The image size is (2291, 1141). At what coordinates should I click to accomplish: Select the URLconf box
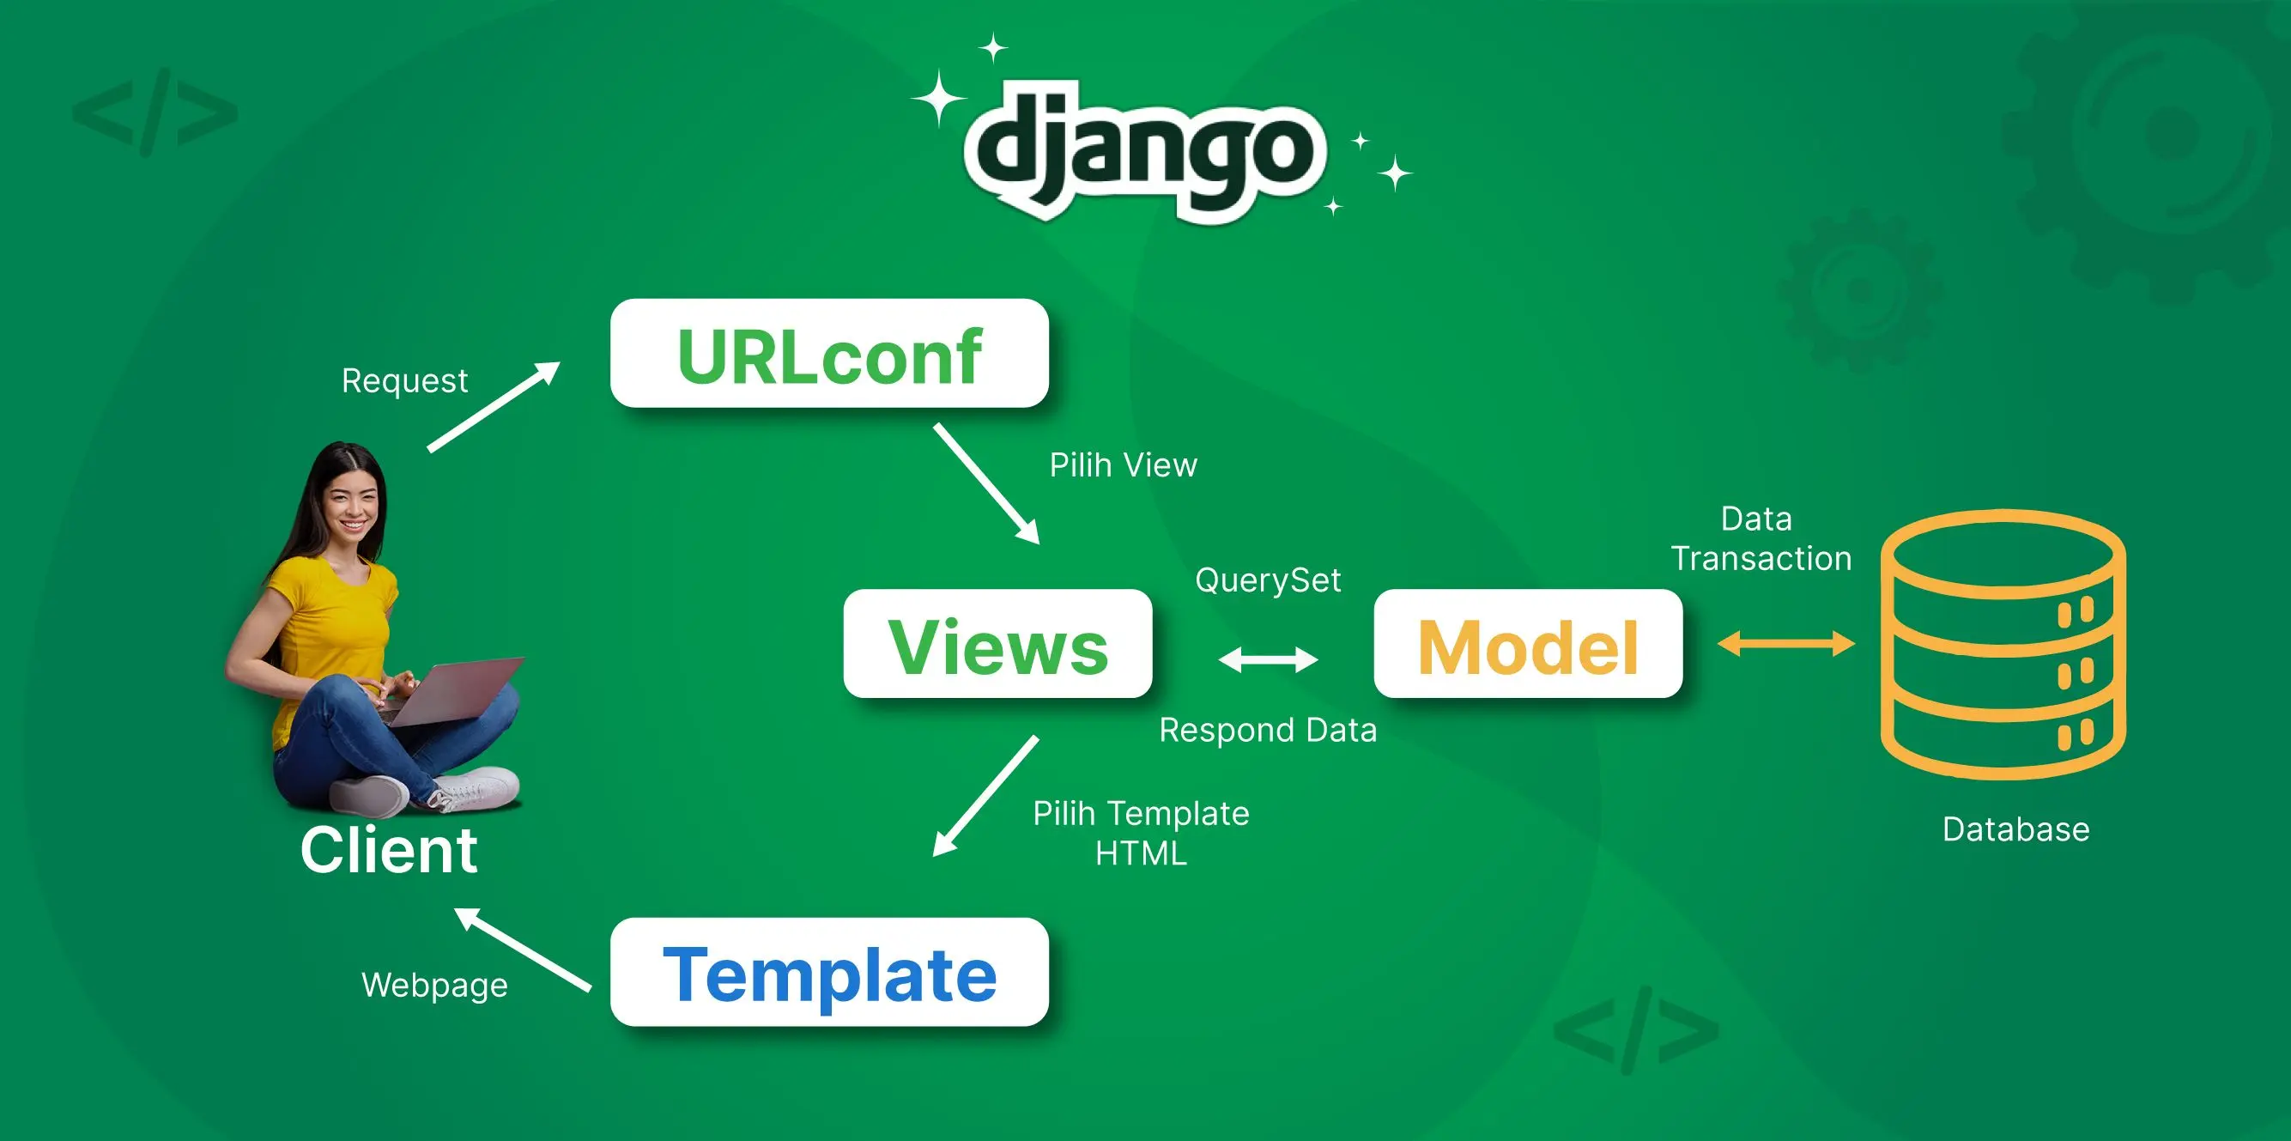[x=829, y=354]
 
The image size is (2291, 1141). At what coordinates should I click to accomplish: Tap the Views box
[x=998, y=644]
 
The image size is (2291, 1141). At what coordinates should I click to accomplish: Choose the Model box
[x=1528, y=644]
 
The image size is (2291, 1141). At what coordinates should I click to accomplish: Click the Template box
[x=829, y=973]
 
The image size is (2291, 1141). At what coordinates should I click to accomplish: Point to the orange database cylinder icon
[x=2003, y=644]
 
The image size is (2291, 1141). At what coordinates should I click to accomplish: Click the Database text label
[x=2015, y=828]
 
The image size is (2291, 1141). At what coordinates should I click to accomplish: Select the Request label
[x=404, y=380]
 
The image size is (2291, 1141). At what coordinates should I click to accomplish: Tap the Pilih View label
[x=1124, y=465]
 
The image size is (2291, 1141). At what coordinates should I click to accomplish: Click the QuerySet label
[x=1268, y=580]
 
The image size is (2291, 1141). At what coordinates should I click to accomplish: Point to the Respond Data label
[x=1268, y=730]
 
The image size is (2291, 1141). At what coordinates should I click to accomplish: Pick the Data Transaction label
[x=1761, y=539]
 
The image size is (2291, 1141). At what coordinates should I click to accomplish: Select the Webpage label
[x=435, y=986]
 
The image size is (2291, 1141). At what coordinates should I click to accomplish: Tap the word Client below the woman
[x=389, y=850]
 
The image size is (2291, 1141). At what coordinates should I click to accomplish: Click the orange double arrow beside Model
[x=1785, y=643]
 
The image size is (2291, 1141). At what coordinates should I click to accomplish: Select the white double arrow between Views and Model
[x=1268, y=660]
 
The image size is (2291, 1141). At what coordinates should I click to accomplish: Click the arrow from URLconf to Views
[x=985, y=482]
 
